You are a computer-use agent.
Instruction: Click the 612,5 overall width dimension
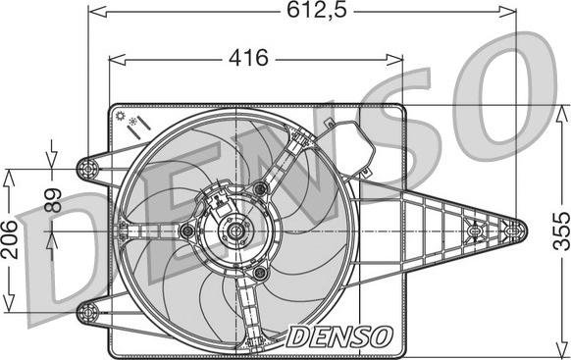[298, 12]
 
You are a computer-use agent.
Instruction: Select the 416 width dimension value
[249, 58]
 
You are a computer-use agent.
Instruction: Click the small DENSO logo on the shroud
[339, 336]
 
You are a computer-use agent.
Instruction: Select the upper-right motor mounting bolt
[260, 188]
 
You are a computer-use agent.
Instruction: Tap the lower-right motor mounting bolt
[258, 273]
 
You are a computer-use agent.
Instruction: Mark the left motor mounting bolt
[187, 231]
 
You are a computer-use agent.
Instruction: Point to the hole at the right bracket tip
[507, 231]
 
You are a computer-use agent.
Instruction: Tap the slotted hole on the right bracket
[477, 231]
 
